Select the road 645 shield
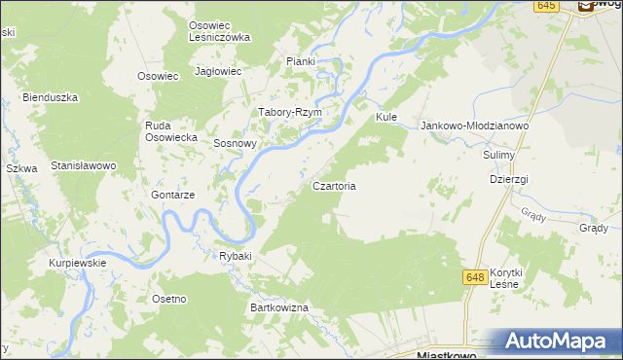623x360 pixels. point(546,6)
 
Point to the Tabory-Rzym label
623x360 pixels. point(289,112)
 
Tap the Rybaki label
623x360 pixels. point(236,256)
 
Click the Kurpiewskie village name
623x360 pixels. point(78,263)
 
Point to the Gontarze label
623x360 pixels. point(173,195)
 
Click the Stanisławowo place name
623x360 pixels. point(84,165)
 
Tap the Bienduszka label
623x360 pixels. point(50,97)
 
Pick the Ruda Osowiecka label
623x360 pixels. point(171,131)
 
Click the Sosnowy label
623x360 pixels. point(235,143)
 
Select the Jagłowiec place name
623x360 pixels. point(218,71)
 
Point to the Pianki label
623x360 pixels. point(301,61)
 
